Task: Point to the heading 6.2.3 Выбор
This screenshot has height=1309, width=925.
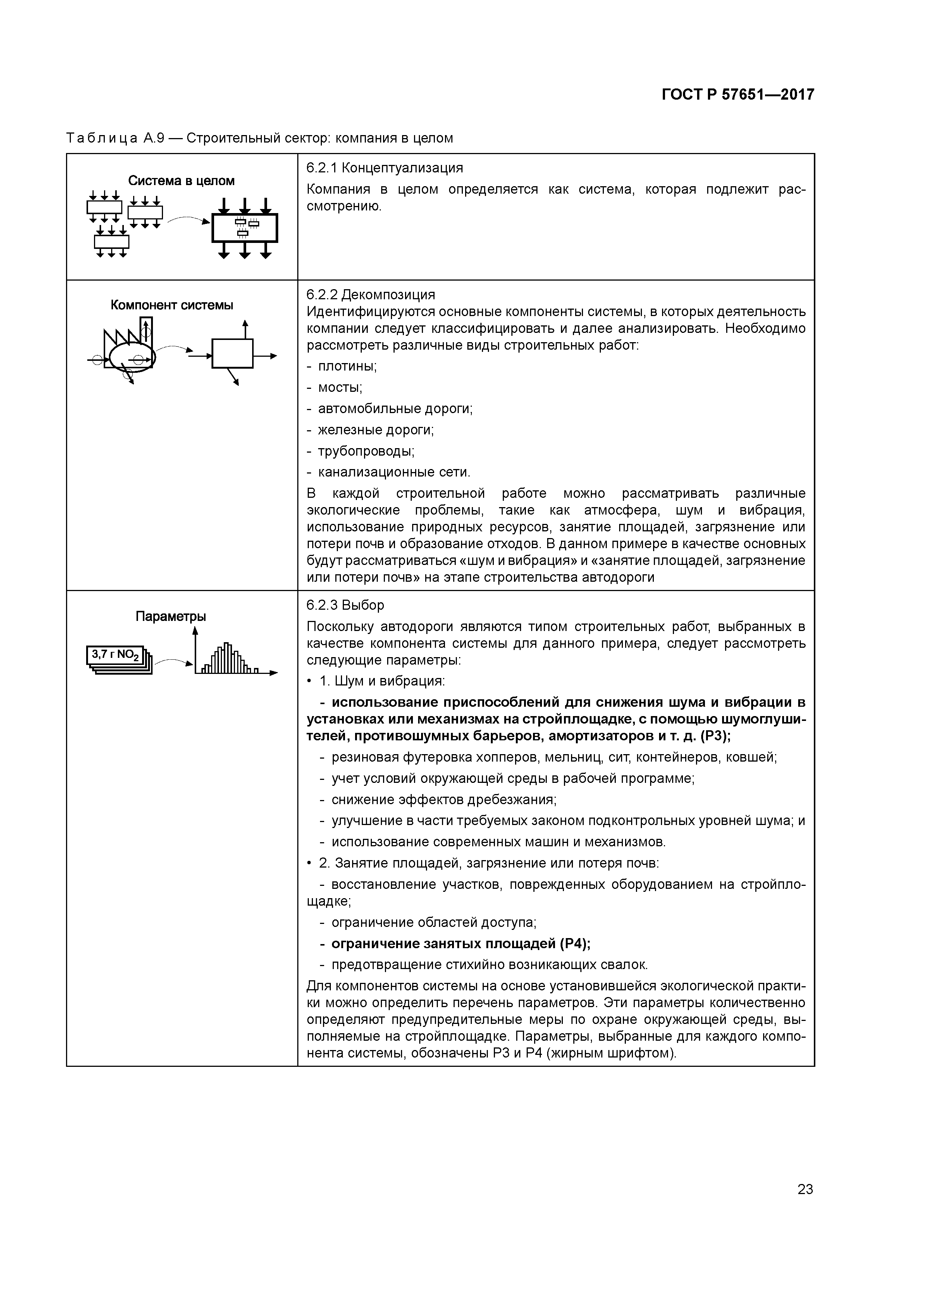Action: [345, 605]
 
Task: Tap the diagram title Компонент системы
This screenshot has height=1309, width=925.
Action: [172, 305]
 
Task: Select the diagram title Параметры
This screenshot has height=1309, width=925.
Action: [170, 616]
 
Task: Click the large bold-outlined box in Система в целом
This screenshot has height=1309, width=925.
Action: [245, 228]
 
